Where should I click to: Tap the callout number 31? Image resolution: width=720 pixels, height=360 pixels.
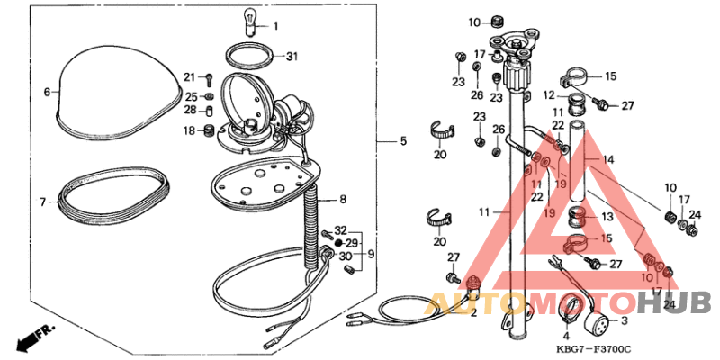tap(291, 57)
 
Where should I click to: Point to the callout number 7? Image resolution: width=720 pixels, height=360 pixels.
tap(42, 202)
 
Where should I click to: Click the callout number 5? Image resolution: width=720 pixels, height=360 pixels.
tap(404, 141)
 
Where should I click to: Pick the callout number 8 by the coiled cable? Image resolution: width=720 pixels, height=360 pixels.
tap(343, 199)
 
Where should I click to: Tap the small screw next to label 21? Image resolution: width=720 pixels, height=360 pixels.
tap(209, 78)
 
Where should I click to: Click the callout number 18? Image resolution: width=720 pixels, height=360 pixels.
tap(189, 131)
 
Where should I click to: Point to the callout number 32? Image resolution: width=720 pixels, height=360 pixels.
tap(341, 231)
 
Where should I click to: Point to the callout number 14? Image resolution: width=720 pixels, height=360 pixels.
tap(608, 159)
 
